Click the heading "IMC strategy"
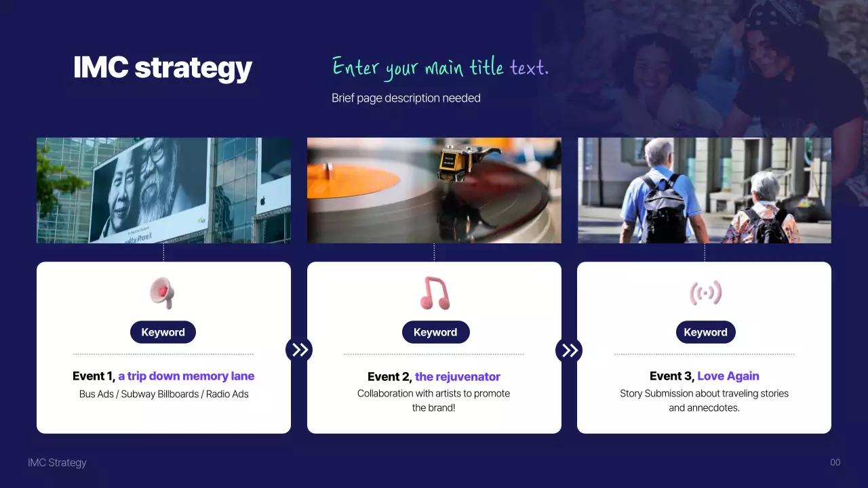tap(162, 68)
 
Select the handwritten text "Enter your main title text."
tap(440, 68)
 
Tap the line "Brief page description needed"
tap(406, 98)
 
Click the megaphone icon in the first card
tap(163, 293)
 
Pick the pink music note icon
tap(434, 293)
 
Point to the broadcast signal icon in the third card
tap(705, 293)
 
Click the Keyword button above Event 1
tap(163, 332)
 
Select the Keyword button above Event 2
tap(435, 332)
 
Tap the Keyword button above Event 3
tap(705, 332)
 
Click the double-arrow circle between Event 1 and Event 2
tap(299, 350)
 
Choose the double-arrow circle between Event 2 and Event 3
tap(569, 350)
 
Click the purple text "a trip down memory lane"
tap(186, 376)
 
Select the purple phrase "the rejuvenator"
tap(458, 377)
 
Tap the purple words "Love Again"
tap(728, 376)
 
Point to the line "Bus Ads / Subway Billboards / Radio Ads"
tap(163, 394)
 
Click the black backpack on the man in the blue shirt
tap(664, 210)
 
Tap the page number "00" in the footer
tap(835, 462)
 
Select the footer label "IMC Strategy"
tap(57, 462)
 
